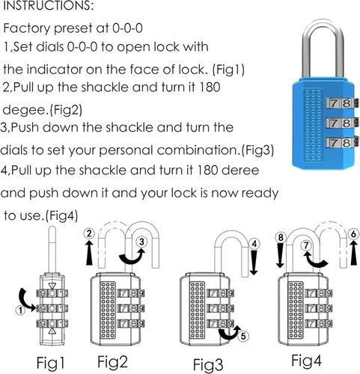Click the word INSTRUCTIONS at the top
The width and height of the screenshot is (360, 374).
click(x=48, y=5)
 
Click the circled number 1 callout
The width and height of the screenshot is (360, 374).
click(x=20, y=310)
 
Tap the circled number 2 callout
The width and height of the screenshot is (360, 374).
click(x=89, y=233)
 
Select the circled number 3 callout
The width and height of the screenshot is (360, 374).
click(x=141, y=242)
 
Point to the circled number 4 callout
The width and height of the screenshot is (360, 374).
click(x=254, y=244)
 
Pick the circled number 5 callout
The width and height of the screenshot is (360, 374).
click(x=243, y=336)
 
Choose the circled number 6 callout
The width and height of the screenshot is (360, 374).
click(x=353, y=234)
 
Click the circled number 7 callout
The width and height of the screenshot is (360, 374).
click(x=306, y=245)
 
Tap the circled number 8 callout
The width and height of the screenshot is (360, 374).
click(x=281, y=237)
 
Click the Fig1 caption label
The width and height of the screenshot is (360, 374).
click(x=51, y=363)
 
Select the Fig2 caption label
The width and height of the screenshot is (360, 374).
click(x=112, y=362)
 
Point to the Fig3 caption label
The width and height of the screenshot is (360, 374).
click(x=208, y=365)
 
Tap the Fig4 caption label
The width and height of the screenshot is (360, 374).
click(x=307, y=361)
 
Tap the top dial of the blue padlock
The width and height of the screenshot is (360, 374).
click(x=342, y=103)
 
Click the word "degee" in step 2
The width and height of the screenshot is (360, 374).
click(x=25, y=110)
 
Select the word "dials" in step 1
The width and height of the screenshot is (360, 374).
click(x=49, y=47)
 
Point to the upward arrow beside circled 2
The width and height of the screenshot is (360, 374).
click(x=89, y=252)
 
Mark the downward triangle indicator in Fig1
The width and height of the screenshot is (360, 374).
click(x=52, y=286)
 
